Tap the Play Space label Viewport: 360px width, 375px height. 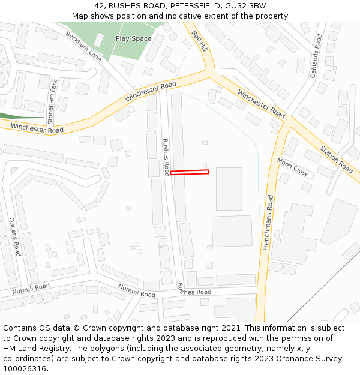coord(133,39)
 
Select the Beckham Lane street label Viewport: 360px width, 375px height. coord(83,47)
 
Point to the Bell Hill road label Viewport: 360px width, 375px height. coord(199,40)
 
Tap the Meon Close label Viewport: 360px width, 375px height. coord(293,167)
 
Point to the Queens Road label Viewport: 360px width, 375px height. coord(14,236)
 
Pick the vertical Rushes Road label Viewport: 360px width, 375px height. coord(166,157)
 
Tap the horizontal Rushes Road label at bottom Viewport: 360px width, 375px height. coord(194,292)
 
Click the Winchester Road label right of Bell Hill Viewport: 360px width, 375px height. coord(261,103)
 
